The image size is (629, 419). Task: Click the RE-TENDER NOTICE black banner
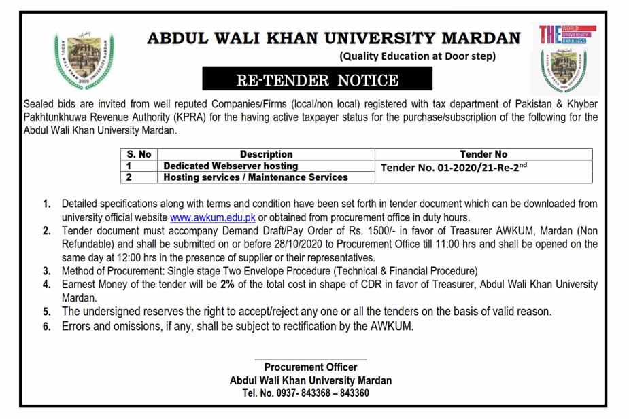pos(317,80)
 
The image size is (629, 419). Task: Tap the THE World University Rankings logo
pos(567,34)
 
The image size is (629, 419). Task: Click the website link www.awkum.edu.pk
pos(213,217)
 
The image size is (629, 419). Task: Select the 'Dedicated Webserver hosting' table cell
pos(231,166)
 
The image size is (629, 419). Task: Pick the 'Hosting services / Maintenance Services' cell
pos(256,177)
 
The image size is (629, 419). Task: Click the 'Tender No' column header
pos(483,154)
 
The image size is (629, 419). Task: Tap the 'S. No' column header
pos(139,154)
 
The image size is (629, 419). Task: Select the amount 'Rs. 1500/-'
pos(350,231)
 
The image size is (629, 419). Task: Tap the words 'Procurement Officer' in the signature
pos(310,367)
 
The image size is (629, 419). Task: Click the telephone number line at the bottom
pos(306,393)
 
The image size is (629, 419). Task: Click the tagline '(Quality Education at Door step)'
pos(418,56)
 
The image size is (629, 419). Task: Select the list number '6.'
pos(47,327)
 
